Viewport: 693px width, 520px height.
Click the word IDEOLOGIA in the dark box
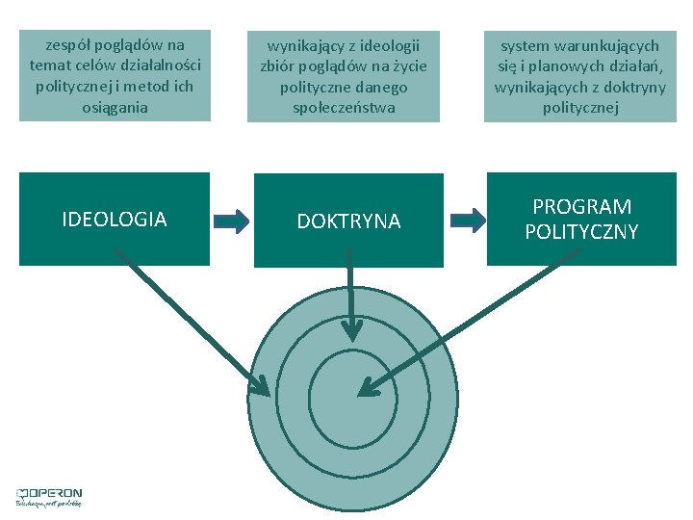coord(114,220)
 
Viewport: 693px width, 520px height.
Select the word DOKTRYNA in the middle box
coord(348,221)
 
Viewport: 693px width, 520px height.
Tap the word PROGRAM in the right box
coord(581,207)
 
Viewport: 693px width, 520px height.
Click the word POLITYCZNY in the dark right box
coord(581,232)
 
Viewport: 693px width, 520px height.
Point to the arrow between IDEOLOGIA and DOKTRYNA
coord(231,221)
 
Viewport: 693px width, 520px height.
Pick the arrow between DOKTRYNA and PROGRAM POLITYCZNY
coord(467,220)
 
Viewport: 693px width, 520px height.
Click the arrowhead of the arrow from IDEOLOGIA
coord(262,387)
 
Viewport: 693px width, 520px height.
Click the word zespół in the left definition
coord(72,44)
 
